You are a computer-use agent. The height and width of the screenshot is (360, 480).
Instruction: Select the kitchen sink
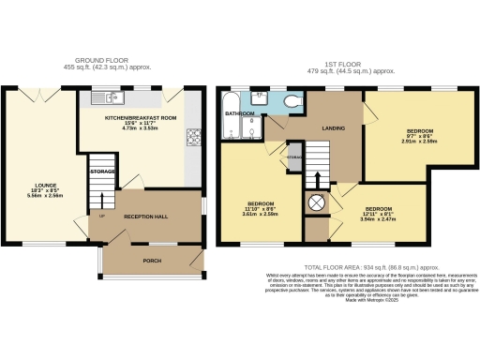(104, 97)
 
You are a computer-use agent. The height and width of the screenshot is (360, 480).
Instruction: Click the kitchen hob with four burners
(194, 138)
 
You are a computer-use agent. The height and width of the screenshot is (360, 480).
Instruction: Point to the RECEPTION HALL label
(145, 217)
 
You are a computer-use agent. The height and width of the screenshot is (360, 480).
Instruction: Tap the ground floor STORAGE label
(101, 172)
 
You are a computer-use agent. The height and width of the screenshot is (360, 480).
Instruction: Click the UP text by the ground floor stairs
(101, 217)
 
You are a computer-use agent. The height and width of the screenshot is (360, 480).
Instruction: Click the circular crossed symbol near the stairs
(316, 202)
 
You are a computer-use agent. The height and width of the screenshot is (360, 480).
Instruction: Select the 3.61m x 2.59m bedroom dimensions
(259, 213)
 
